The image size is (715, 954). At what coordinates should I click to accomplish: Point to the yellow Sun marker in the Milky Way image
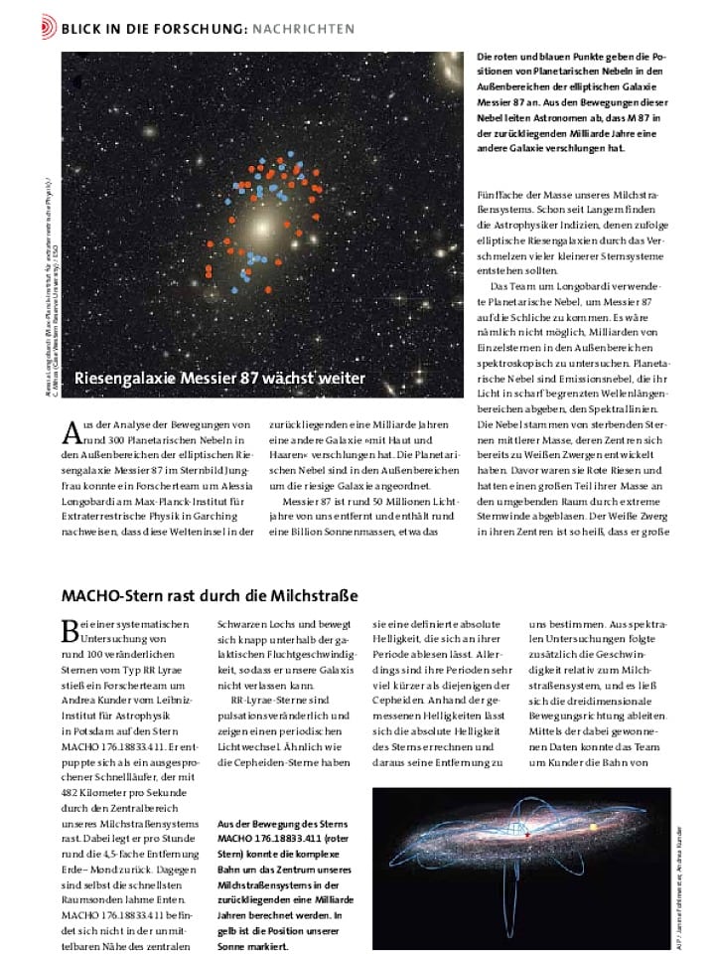(x=594, y=826)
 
